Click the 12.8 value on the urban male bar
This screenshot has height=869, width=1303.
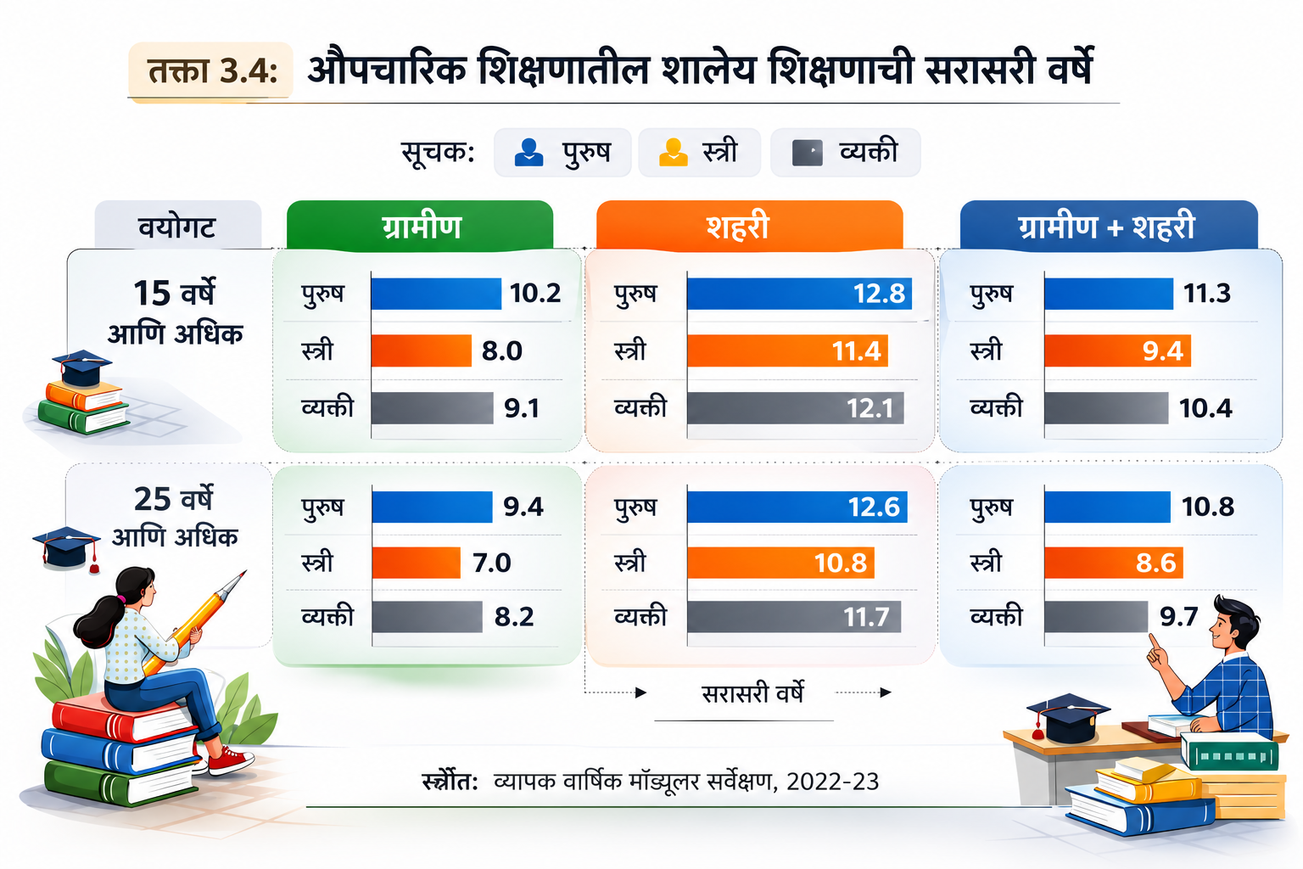(879, 294)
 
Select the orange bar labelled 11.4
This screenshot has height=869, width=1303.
(787, 350)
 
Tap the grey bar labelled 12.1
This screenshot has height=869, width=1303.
(795, 408)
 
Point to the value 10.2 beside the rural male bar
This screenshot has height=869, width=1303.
(535, 293)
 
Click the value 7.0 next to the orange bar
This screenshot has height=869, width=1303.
(491, 563)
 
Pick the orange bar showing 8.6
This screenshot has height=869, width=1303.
(1113, 563)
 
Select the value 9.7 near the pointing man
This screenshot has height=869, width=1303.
(1179, 616)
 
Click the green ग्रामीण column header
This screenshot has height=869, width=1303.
(420, 226)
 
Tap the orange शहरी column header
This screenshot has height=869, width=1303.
(749, 226)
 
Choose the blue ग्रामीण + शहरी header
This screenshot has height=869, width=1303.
(1109, 226)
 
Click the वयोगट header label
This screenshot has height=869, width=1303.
(177, 227)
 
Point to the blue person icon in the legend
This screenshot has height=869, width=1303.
(528, 153)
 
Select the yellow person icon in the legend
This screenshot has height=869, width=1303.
(673, 153)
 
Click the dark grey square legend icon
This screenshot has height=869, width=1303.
(808, 153)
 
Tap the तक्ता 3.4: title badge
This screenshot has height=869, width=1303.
(210, 71)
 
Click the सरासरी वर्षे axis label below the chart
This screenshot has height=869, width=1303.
(752, 692)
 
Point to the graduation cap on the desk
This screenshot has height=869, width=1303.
(1067, 718)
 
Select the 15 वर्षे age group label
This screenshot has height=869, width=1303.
(174, 293)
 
